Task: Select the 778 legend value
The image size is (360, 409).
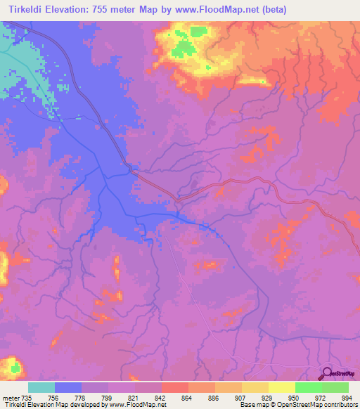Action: point(81,398)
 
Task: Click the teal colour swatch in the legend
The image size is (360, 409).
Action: point(41,387)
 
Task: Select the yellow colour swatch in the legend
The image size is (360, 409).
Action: point(281,387)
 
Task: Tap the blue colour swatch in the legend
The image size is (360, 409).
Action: point(68,387)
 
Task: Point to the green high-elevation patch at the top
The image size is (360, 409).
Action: point(184,48)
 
